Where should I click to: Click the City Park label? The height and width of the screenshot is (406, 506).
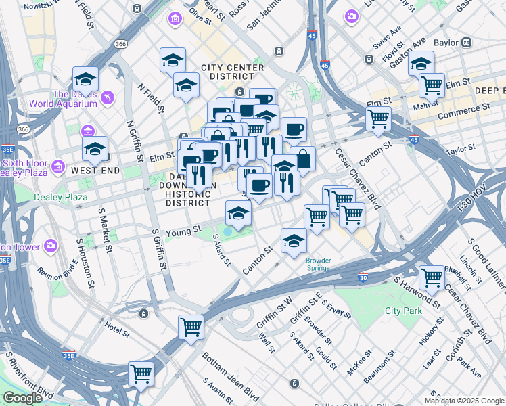pyautogui.click(x=403, y=311)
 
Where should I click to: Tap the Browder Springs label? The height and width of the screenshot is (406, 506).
pyautogui.click(x=317, y=263)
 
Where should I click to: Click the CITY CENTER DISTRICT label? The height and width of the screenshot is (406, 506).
pyautogui.click(x=236, y=72)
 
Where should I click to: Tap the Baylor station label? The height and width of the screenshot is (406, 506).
pyautogui.click(x=446, y=42)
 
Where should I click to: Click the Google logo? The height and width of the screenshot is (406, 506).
pyautogui.click(x=22, y=397)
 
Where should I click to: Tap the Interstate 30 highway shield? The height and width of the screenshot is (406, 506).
pyautogui.click(x=363, y=277)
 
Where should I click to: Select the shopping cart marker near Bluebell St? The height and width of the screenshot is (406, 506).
pyautogui.click(x=432, y=277)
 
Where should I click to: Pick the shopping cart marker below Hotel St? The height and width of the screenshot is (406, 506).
pyautogui.click(x=141, y=373)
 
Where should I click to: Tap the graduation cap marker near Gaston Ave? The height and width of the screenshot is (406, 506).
pyautogui.click(x=421, y=64)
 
